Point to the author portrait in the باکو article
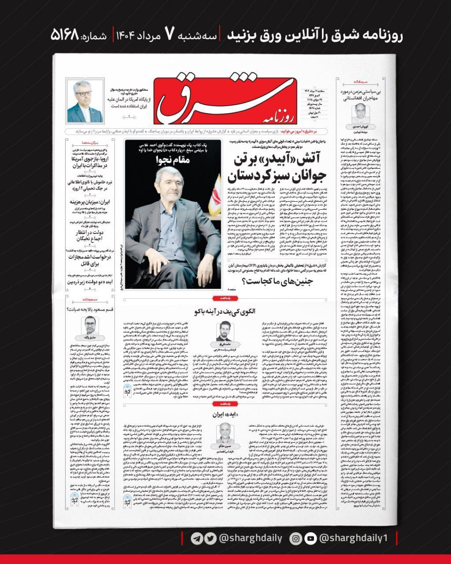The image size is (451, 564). pos(225,334)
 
